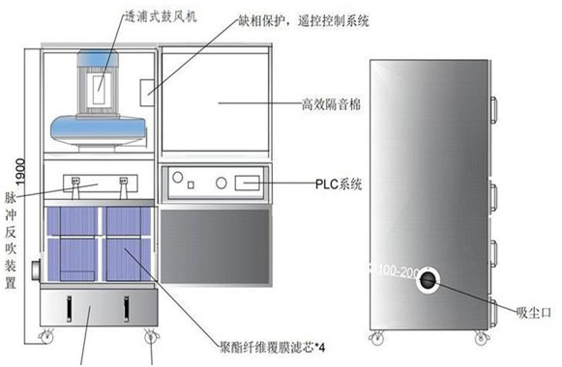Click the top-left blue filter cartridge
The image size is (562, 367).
(73, 223)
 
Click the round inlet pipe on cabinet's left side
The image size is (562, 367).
(33, 266)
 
